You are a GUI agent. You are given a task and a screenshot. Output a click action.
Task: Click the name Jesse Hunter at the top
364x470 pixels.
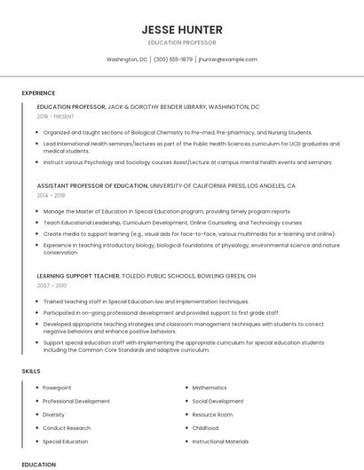[x=182, y=29]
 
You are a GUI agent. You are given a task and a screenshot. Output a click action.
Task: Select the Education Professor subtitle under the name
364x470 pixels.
[x=182, y=43]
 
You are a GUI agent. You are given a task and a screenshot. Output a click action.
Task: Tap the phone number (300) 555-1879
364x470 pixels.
[x=173, y=59]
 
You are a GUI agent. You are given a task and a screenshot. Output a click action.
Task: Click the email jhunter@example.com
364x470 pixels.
[x=228, y=59]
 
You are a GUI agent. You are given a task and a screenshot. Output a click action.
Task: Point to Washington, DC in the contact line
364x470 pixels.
[x=127, y=59]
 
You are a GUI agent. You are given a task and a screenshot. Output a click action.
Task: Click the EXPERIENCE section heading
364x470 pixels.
[x=38, y=93]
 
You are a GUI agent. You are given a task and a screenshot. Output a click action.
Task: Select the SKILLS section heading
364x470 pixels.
[x=31, y=369]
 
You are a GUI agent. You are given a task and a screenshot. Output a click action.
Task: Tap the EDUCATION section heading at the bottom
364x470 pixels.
[x=38, y=464]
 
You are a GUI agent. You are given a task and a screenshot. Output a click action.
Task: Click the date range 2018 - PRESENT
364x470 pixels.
[x=57, y=116]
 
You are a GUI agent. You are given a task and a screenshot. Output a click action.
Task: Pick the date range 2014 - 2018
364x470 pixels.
[x=51, y=195]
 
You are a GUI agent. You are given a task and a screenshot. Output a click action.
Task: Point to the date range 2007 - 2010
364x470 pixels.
[x=51, y=286]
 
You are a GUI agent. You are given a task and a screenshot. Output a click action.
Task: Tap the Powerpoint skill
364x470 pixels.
[x=57, y=388]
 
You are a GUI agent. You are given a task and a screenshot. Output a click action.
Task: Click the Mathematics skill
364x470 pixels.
[x=210, y=388]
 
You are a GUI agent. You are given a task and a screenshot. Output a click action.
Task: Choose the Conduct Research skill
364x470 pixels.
[x=67, y=427]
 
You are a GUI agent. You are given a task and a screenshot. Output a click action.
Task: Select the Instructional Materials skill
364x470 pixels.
[x=220, y=441]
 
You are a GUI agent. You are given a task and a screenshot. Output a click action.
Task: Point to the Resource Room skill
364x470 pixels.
[x=212, y=414]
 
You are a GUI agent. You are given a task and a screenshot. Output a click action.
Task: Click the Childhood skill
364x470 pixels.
[x=205, y=427]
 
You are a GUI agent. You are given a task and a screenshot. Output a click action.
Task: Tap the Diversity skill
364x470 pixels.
[x=53, y=414]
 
